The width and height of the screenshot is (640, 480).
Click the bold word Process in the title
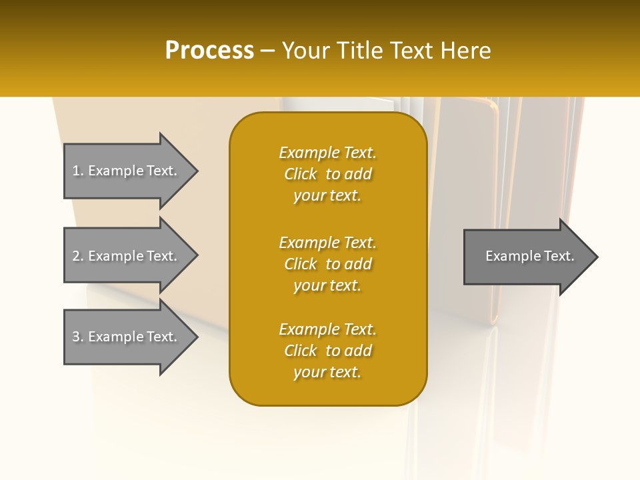tap(209, 51)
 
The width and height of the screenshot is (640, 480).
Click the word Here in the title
tap(464, 51)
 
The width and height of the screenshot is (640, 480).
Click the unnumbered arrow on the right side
tap(527, 257)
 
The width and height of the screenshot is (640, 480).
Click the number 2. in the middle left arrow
tap(77, 256)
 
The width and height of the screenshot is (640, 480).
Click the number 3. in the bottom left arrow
tap(77, 337)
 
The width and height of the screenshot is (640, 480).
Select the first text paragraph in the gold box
tap(327, 174)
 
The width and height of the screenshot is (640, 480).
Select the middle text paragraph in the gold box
tap(327, 264)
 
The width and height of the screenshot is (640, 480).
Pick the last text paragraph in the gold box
tap(327, 351)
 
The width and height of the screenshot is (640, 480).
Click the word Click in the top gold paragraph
tap(301, 174)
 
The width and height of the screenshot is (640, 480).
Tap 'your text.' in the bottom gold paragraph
tap(327, 372)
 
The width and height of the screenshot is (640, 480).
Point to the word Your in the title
tap(306, 51)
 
